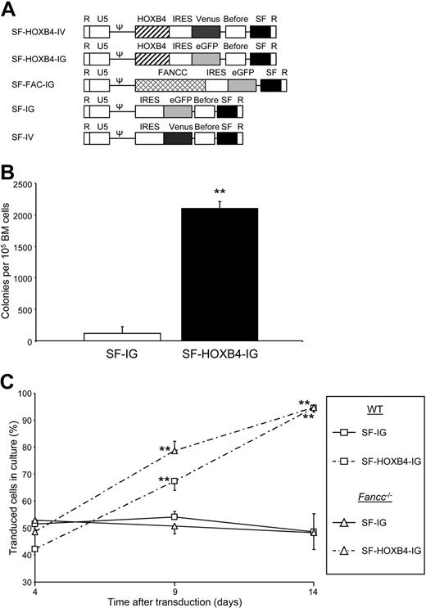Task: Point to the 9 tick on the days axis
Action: (174, 589)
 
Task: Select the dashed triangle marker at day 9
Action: (174, 451)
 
